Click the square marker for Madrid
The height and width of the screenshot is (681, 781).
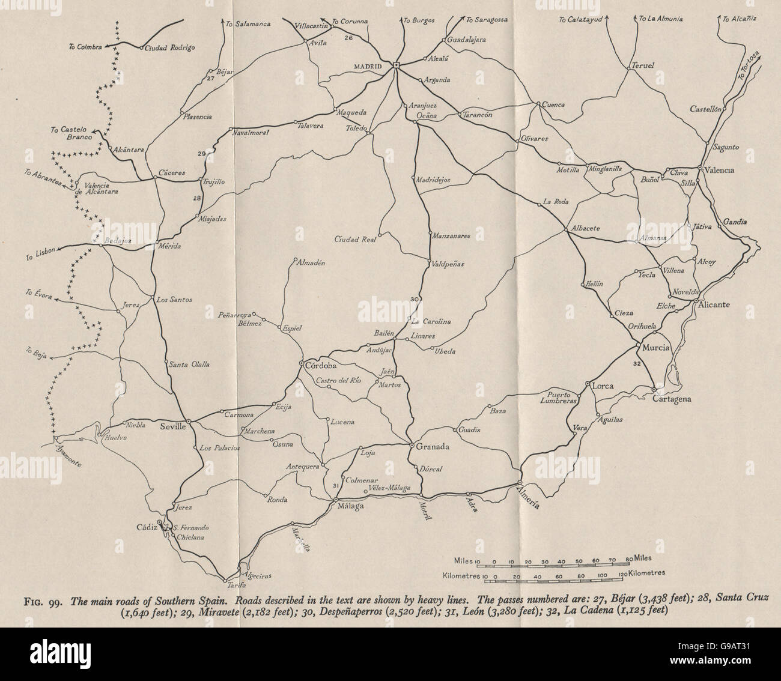(397, 65)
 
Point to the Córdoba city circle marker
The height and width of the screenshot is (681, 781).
(302, 363)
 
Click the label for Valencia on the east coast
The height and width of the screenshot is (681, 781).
(720, 170)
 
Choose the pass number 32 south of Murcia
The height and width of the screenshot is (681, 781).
(637, 363)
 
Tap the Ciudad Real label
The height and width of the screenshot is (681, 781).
(355, 240)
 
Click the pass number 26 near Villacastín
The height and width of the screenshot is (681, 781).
(348, 38)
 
